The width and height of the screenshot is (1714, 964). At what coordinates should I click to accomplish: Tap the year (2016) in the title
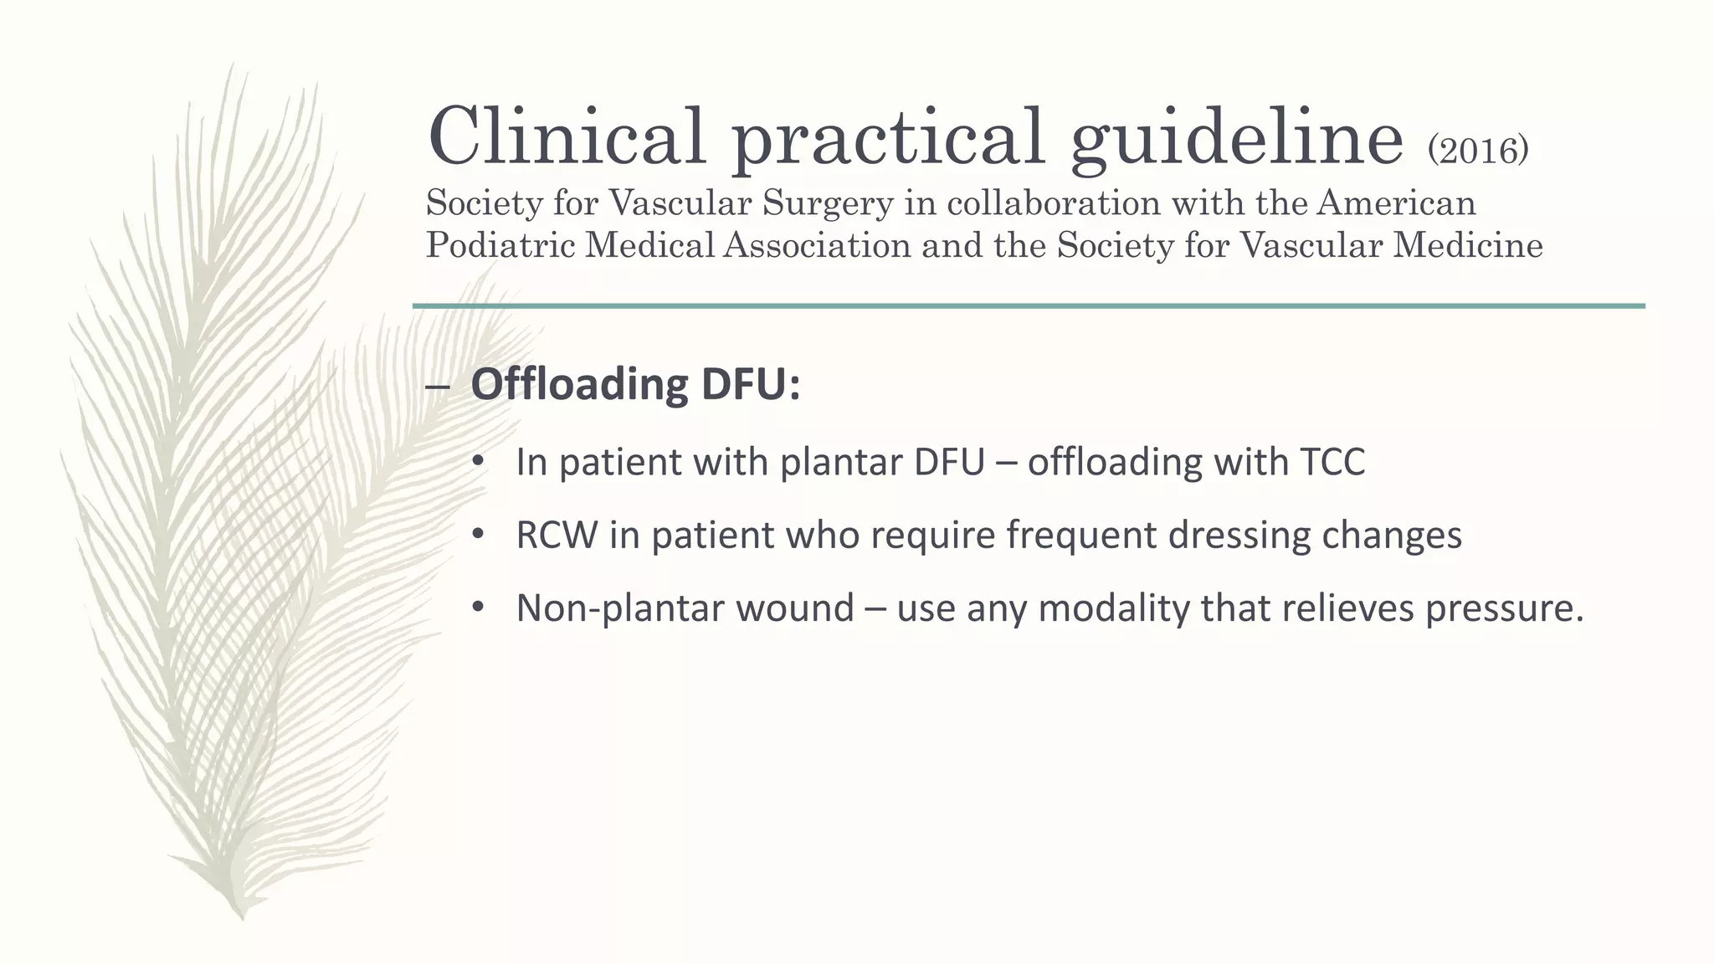click(1478, 151)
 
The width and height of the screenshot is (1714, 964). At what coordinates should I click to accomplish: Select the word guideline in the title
click(1236, 138)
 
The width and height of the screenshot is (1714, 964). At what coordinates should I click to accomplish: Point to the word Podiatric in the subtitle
click(500, 245)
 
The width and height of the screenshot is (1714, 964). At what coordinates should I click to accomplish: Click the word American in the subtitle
click(1395, 203)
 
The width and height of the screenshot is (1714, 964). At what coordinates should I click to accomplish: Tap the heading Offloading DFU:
click(635, 384)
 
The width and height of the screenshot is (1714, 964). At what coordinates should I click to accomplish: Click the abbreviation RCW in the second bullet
click(556, 535)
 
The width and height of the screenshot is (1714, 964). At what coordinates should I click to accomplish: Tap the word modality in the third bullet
click(1113, 608)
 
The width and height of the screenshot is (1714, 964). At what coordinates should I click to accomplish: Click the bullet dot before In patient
click(478, 462)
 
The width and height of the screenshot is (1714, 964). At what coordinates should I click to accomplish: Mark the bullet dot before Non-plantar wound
click(478, 608)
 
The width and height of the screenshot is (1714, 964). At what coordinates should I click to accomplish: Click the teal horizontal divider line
click(1029, 306)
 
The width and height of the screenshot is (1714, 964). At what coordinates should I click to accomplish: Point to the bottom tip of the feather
click(243, 915)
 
